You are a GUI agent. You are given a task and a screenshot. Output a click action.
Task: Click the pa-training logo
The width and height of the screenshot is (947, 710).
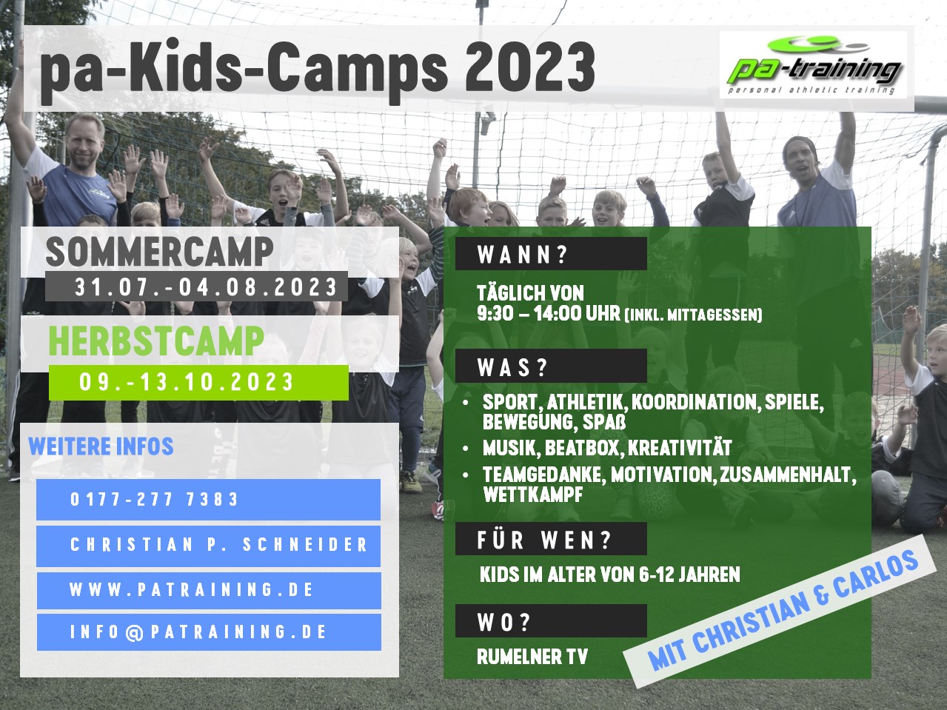pyautogui.click(x=813, y=65)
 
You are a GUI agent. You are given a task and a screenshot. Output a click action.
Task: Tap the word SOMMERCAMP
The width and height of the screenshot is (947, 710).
pyautogui.click(x=159, y=252)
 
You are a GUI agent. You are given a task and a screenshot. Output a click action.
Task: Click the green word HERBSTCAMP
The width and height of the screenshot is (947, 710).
pyautogui.click(x=156, y=341)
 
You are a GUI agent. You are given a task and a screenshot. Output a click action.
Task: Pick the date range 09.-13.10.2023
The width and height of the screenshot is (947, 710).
pyautogui.click(x=187, y=382)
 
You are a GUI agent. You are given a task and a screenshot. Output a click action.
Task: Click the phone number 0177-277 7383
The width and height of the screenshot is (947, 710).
pyautogui.click(x=154, y=500)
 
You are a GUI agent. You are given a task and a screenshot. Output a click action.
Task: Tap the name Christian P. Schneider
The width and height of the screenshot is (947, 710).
pyautogui.click(x=218, y=545)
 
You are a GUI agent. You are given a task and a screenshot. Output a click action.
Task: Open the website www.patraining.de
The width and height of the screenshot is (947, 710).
pyautogui.click(x=191, y=589)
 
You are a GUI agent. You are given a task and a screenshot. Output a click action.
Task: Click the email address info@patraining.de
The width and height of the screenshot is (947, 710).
pyautogui.click(x=198, y=632)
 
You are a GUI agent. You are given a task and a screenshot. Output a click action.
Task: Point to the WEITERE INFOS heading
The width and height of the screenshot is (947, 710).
pyautogui.click(x=101, y=446)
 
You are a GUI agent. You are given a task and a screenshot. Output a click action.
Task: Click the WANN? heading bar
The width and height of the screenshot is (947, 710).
pyautogui.click(x=551, y=254)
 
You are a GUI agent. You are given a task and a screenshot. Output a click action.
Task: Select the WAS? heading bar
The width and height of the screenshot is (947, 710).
pyautogui.click(x=551, y=366)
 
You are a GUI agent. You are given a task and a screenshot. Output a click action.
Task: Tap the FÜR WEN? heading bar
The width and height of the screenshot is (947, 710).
pyautogui.click(x=551, y=539)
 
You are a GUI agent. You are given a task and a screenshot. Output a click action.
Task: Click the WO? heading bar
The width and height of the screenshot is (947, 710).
pyautogui.click(x=551, y=620)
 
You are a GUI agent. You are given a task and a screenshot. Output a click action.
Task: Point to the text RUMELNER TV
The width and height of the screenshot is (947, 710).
pyautogui.click(x=532, y=657)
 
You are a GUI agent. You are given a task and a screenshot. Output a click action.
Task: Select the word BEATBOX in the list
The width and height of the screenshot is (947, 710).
pyautogui.click(x=583, y=448)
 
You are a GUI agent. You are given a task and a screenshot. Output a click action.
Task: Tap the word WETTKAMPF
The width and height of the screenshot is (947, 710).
pyautogui.click(x=533, y=495)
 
